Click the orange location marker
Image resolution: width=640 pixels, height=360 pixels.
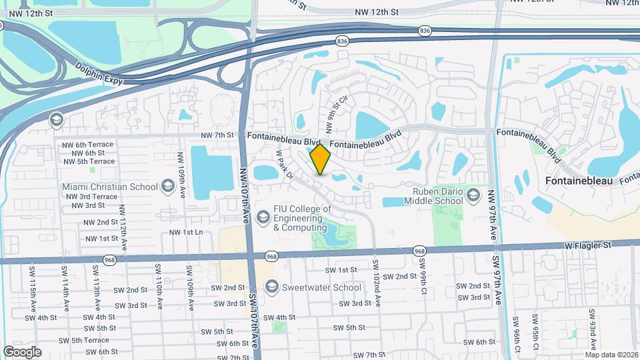(x=321, y=159)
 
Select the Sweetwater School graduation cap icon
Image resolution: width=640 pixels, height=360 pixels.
(x=271, y=287)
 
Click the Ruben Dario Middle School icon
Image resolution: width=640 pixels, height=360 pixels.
(x=473, y=195)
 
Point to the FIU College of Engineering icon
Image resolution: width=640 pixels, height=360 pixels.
(x=263, y=217)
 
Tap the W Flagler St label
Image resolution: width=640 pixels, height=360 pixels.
(x=587, y=245)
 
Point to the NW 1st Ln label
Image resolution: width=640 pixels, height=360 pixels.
(x=185, y=232)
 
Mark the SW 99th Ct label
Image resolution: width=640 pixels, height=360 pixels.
(x=423, y=275)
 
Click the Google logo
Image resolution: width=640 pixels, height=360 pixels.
(x=22, y=351)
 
